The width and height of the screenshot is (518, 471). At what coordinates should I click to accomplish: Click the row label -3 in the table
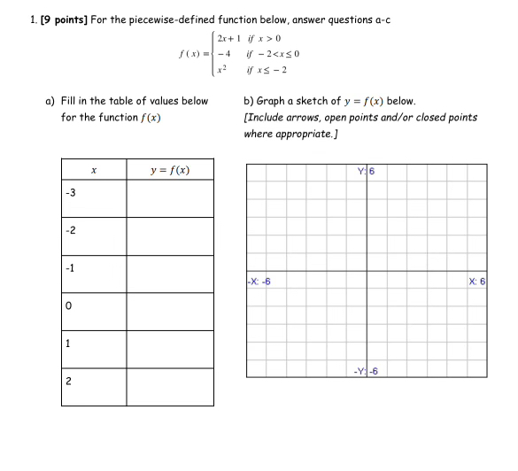70,193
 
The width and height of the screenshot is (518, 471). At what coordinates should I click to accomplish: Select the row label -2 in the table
70,231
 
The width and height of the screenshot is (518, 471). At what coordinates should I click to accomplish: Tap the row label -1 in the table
70,268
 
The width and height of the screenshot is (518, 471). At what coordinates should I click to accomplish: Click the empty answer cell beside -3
169,197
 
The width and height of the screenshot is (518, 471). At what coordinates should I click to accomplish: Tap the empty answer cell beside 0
169,311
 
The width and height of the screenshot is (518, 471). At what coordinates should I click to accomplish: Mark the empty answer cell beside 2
169,387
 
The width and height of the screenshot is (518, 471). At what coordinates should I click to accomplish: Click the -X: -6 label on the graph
259,282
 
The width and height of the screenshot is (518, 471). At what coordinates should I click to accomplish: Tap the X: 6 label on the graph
477,282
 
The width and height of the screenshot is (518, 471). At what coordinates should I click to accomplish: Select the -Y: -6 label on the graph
365,371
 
